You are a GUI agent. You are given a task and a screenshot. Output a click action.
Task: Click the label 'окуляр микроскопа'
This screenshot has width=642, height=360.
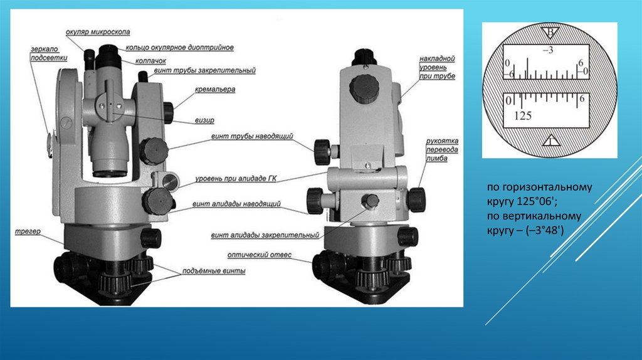(x=98, y=32)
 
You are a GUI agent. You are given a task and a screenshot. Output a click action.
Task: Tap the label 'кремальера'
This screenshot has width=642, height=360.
(x=215, y=89)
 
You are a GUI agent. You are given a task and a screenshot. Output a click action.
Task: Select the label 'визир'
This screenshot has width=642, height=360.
(x=204, y=120)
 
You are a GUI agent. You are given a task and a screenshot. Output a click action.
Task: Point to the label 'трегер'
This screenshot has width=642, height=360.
(x=28, y=231)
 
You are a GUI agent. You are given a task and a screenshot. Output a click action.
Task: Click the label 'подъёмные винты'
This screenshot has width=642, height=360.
(x=214, y=271)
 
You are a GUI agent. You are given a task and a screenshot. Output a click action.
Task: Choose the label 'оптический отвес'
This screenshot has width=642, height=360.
(x=260, y=255)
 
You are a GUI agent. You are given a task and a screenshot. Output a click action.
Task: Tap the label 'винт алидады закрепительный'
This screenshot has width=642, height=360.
(x=265, y=235)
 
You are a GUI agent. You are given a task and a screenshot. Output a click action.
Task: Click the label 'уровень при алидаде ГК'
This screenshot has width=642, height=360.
(x=236, y=179)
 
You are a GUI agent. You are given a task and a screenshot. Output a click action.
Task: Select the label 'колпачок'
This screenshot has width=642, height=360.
(x=150, y=61)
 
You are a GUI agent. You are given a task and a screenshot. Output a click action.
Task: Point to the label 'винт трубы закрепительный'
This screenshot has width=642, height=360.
(x=205, y=70)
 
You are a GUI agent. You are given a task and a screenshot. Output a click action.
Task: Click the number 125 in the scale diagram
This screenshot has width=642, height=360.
(x=523, y=116)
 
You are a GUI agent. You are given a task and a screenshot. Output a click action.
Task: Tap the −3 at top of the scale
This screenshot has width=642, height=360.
(x=548, y=50)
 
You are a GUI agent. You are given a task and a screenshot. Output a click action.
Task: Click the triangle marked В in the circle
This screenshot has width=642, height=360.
(x=550, y=33)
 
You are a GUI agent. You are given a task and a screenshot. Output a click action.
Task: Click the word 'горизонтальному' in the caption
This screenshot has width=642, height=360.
(x=547, y=188)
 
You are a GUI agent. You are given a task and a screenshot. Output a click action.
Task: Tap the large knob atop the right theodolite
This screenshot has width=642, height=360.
(x=364, y=89)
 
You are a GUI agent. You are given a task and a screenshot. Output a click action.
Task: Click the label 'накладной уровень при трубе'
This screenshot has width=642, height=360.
(x=437, y=68)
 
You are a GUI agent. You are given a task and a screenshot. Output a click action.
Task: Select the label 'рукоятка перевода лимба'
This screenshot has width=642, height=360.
(x=442, y=149)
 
